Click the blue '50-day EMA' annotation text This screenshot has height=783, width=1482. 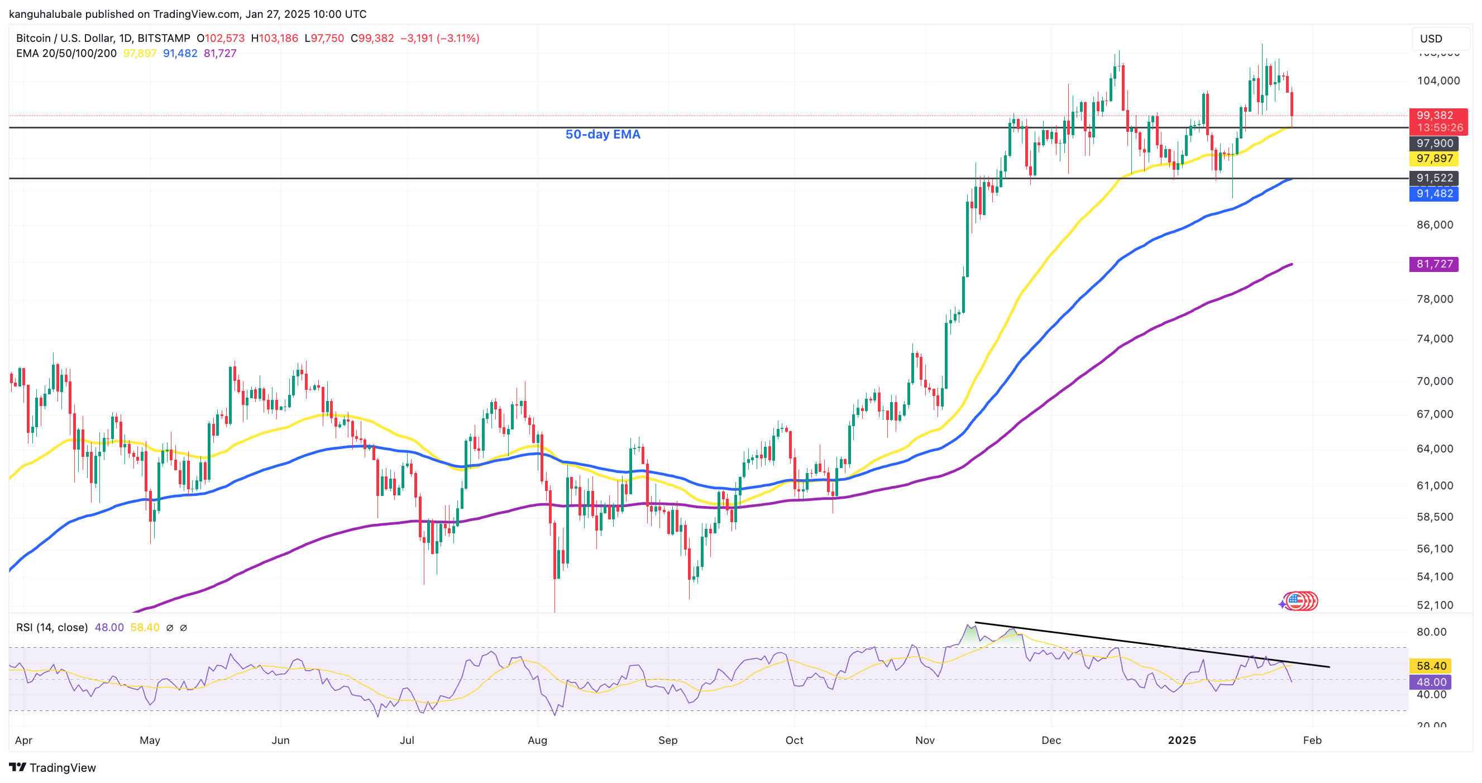point(603,134)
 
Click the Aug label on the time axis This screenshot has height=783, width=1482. point(537,741)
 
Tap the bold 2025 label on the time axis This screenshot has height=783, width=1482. point(1182,741)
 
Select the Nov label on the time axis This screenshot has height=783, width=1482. point(925,741)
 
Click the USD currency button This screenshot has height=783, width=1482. point(1431,39)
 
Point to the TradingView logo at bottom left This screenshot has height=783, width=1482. point(52,767)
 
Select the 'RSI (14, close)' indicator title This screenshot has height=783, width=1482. point(52,627)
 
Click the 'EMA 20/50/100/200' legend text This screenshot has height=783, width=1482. point(66,54)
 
